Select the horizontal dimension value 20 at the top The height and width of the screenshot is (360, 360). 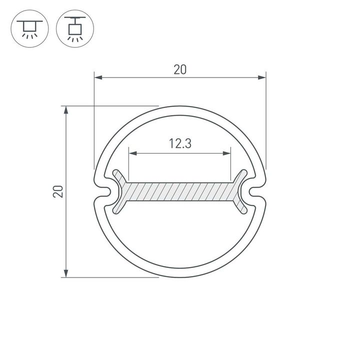click(180, 70)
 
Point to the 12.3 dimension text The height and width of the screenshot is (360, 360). click(180, 144)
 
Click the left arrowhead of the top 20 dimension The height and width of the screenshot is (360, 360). click(98, 77)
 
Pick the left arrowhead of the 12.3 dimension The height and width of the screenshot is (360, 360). click(132, 153)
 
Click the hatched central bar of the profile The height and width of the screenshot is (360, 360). click(180, 191)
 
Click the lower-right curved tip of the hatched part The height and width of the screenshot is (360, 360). click(242, 209)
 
